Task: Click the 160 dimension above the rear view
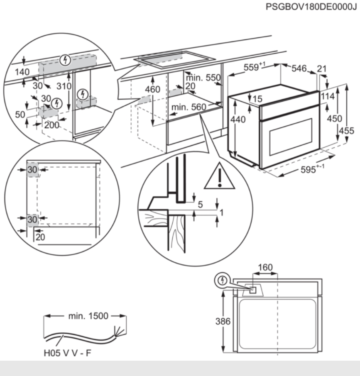[x=265, y=268]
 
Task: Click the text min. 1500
[x=88, y=316]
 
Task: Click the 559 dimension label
[x=253, y=68]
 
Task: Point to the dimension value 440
[x=238, y=120]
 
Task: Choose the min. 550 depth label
[x=203, y=78]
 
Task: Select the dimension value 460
[x=152, y=89]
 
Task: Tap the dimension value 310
[x=64, y=87]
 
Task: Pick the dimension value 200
[x=52, y=125]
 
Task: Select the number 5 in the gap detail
[x=201, y=205]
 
